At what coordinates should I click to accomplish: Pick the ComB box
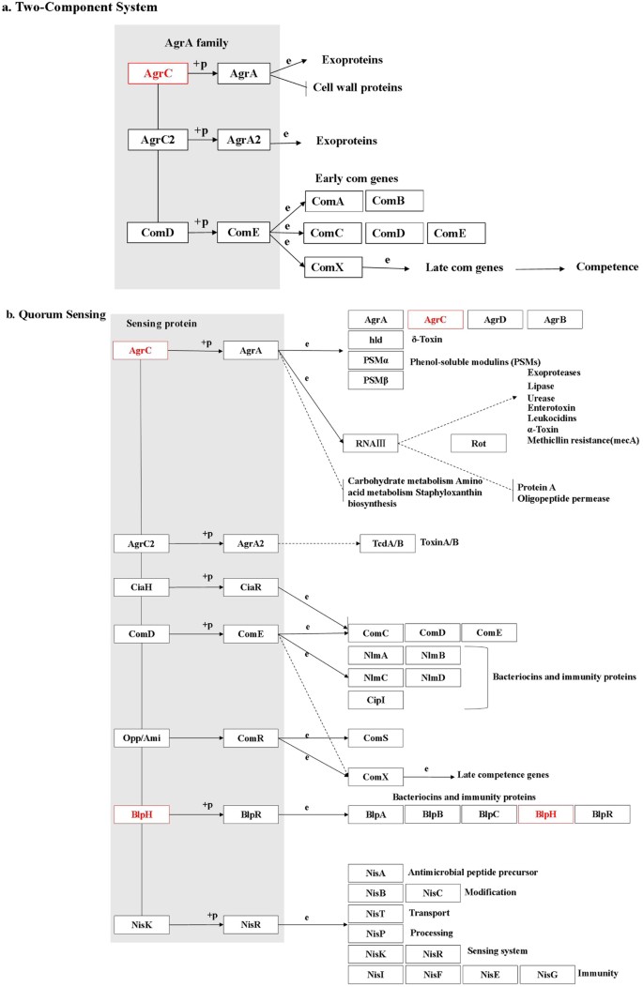[393, 201]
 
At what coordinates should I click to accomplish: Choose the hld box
[375, 340]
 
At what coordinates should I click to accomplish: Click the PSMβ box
[375, 380]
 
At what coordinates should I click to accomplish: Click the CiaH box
[140, 587]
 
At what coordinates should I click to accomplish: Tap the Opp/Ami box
[140, 712]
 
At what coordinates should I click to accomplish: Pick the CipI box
[375, 699]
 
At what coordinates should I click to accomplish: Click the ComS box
[375, 712]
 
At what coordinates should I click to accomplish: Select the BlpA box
[375, 815]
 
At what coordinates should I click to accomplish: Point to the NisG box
[546, 975]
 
